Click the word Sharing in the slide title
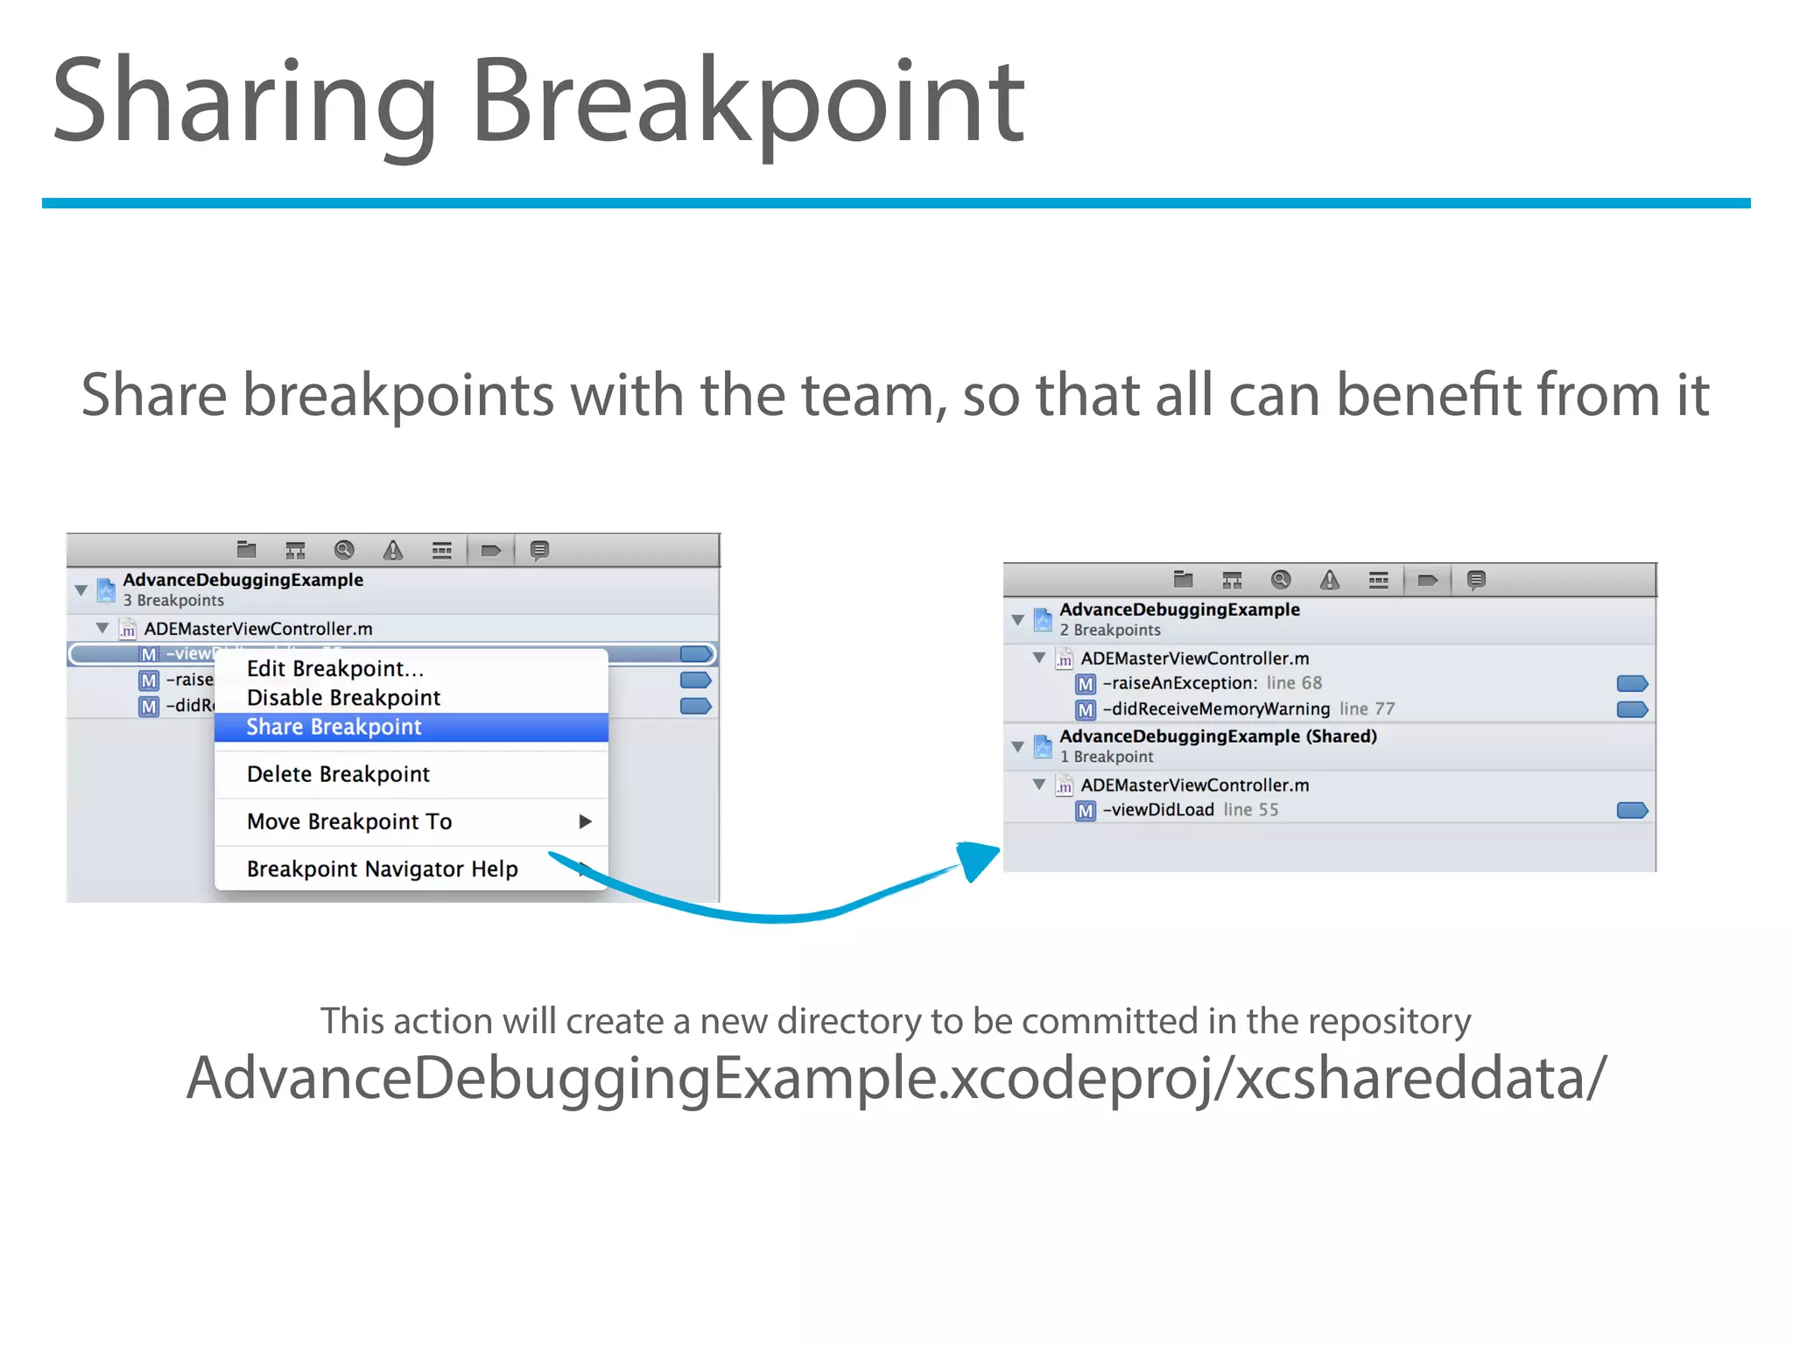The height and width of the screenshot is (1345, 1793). [x=244, y=101]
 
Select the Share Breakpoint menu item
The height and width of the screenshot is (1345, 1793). [x=334, y=727]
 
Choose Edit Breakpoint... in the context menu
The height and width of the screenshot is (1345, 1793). [x=334, y=669]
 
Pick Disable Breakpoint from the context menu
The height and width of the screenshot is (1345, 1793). [x=343, y=698]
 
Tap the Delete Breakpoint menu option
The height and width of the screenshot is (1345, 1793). [x=338, y=774]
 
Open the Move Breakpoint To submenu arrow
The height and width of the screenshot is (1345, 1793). [x=586, y=821]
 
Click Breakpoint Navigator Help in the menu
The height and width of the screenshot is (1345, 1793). [x=382, y=869]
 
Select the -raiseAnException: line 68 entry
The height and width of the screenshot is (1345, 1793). [x=1212, y=683]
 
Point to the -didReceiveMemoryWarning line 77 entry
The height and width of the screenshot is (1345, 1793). [x=1248, y=708]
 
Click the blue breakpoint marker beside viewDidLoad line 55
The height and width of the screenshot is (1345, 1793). [x=1632, y=810]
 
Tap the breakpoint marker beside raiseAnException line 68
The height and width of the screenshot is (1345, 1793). [x=1632, y=683]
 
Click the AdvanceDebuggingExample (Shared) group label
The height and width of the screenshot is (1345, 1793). [x=1217, y=736]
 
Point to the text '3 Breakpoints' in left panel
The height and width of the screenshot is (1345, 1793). [x=173, y=601]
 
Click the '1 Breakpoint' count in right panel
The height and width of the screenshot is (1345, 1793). [x=1107, y=757]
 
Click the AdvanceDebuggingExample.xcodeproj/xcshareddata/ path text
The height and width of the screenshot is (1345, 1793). [x=896, y=1078]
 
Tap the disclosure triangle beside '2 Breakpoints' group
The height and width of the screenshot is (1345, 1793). [x=1017, y=620]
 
